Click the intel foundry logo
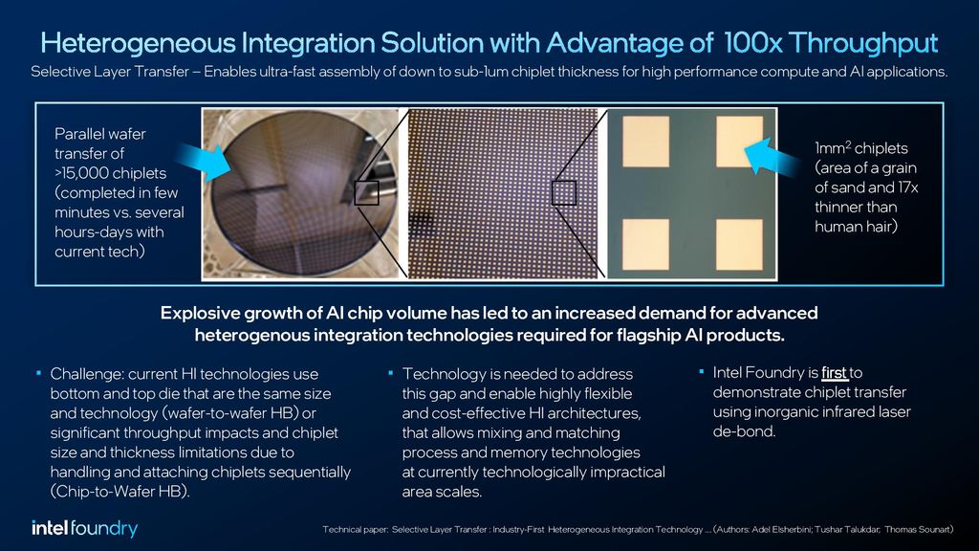(85, 528)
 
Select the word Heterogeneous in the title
(138, 44)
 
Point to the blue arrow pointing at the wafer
(204, 161)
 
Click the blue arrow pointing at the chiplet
(772, 156)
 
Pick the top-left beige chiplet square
(645, 142)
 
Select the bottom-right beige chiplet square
(739, 244)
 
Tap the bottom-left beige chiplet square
(645, 244)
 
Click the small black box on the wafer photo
(366, 193)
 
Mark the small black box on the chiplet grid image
(564, 193)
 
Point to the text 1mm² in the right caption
(833, 148)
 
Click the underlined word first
(834, 373)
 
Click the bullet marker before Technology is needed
(391, 373)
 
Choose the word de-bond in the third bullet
(743, 431)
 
